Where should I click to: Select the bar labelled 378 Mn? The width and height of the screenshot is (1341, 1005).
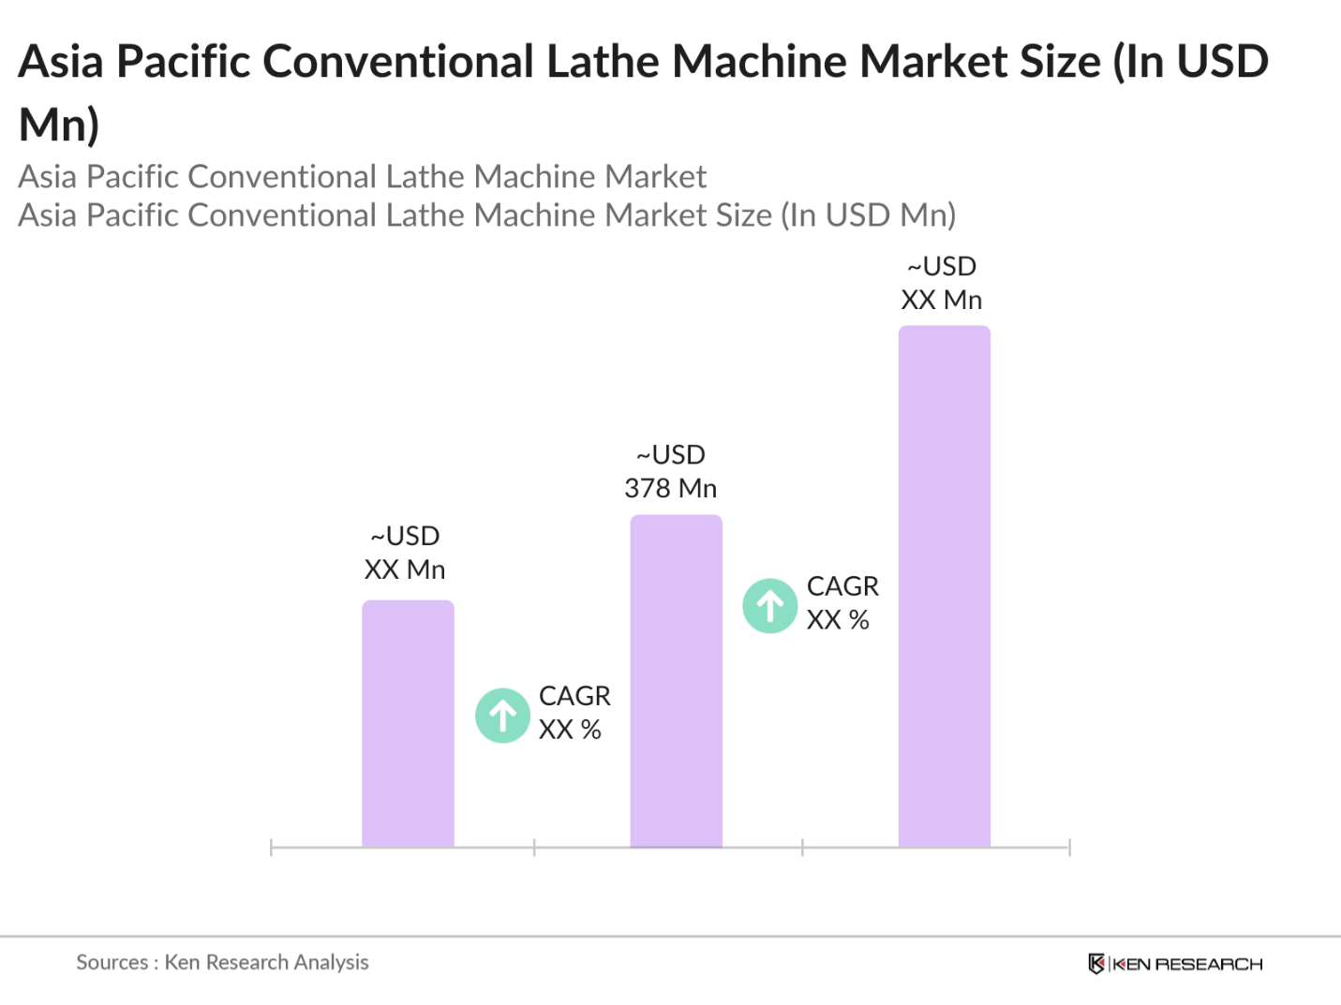click(x=676, y=681)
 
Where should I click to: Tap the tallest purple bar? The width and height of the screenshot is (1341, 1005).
click(x=944, y=586)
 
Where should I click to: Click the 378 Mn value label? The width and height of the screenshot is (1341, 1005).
click(x=670, y=472)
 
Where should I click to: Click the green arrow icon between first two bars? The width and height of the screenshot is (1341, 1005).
click(x=503, y=716)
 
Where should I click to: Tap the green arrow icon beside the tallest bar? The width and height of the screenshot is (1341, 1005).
click(x=770, y=606)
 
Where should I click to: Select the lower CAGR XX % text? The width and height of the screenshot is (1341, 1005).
click(x=574, y=713)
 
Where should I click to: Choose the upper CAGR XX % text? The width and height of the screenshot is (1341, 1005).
click(x=842, y=603)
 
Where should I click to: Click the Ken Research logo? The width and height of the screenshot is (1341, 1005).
click(x=1175, y=964)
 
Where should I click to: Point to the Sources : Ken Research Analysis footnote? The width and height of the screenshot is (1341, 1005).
click(x=222, y=962)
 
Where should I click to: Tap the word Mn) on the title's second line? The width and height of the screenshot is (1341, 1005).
click(x=59, y=125)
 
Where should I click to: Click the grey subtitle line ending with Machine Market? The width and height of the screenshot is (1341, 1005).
click(x=362, y=177)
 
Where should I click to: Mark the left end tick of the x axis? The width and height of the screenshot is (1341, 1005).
click(x=271, y=848)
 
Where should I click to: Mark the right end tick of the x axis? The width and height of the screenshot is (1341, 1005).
click(x=1069, y=848)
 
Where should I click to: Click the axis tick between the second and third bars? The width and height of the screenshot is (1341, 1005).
click(x=802, y=848)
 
